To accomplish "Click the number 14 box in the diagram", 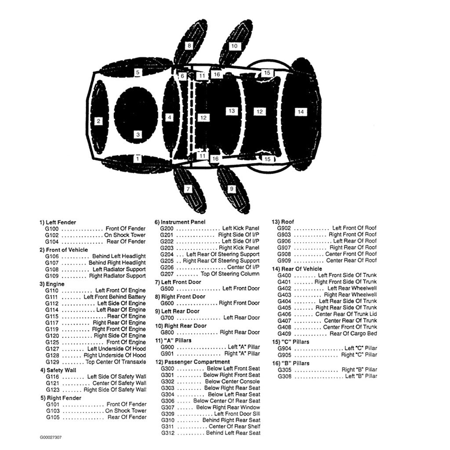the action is (x=301, y=112).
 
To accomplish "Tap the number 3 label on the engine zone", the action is (x=138, y=134).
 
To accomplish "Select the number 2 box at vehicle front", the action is (x=98, y=121).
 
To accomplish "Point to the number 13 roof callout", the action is (x=232, y=111).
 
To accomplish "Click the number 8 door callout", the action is (x=189, y=45).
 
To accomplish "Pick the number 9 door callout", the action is (x=231, y=189).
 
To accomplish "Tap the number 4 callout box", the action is (x=170, y=117).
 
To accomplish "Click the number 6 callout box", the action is (x=182, y=76).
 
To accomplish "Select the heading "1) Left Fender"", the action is (x=58, y=222).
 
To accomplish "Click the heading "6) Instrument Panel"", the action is (x=180, y=222).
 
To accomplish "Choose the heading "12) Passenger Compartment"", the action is (x=192, y=362).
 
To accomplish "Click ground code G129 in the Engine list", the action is (x=52, y=362).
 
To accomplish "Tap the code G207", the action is (x=167, y=274).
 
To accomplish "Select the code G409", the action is (x=284, y=334).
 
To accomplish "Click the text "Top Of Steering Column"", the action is (x=230, y=274).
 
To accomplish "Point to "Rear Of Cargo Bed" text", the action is (x=353, y=334).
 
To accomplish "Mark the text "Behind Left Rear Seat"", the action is (x=233, y=433).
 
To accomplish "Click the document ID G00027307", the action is (x=51, y=438).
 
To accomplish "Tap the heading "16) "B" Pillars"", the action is (x=291, y=363).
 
